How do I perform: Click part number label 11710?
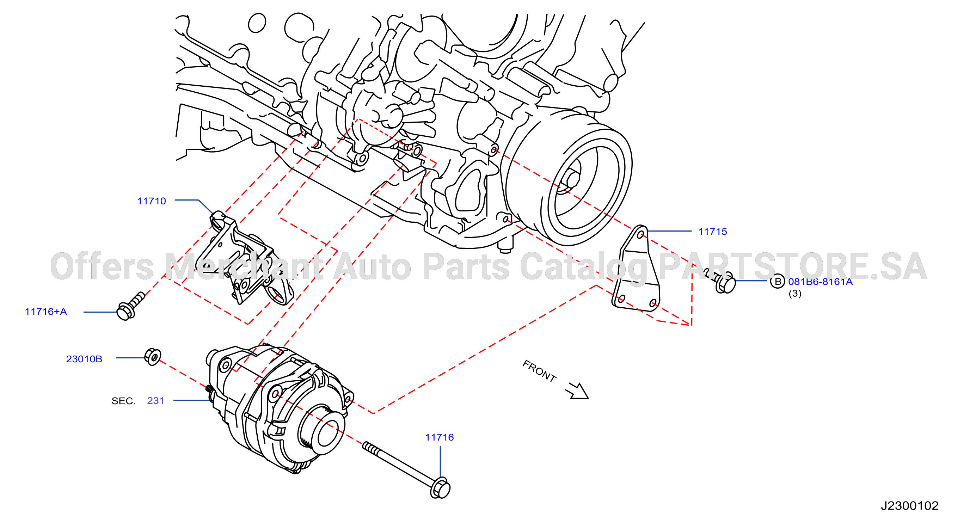pyautogui.click(x=152, y=201)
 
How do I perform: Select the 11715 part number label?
pyautogui.click(x=713, y=232)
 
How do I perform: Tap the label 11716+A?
pyautogui.click(x=46, y=312)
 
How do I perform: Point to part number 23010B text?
pyautogui.click(x=84, y=359)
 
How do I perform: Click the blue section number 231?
pyautogui.click(x=156, y=401)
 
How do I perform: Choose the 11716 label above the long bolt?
pyautogui.click(x=440, y=437)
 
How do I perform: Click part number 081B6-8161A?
pyautogui.click(x=820, y=282)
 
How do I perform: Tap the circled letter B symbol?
pyautogui.click(x=778, y=281)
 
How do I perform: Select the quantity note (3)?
pyautogui.click(x=795, y=294)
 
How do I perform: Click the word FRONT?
pyautogui.click(x=540, y=371)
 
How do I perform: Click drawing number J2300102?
pyautogui.click(x=910, y=506)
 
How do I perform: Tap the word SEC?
pyautogui.click(x=123, y=401)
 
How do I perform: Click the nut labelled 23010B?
pyautogui.click(x=153, y=357)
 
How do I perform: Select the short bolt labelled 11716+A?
pyautogui.click(x=131, y=306)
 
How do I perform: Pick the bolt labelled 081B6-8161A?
pyautogui.click(x=720, y=281)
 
